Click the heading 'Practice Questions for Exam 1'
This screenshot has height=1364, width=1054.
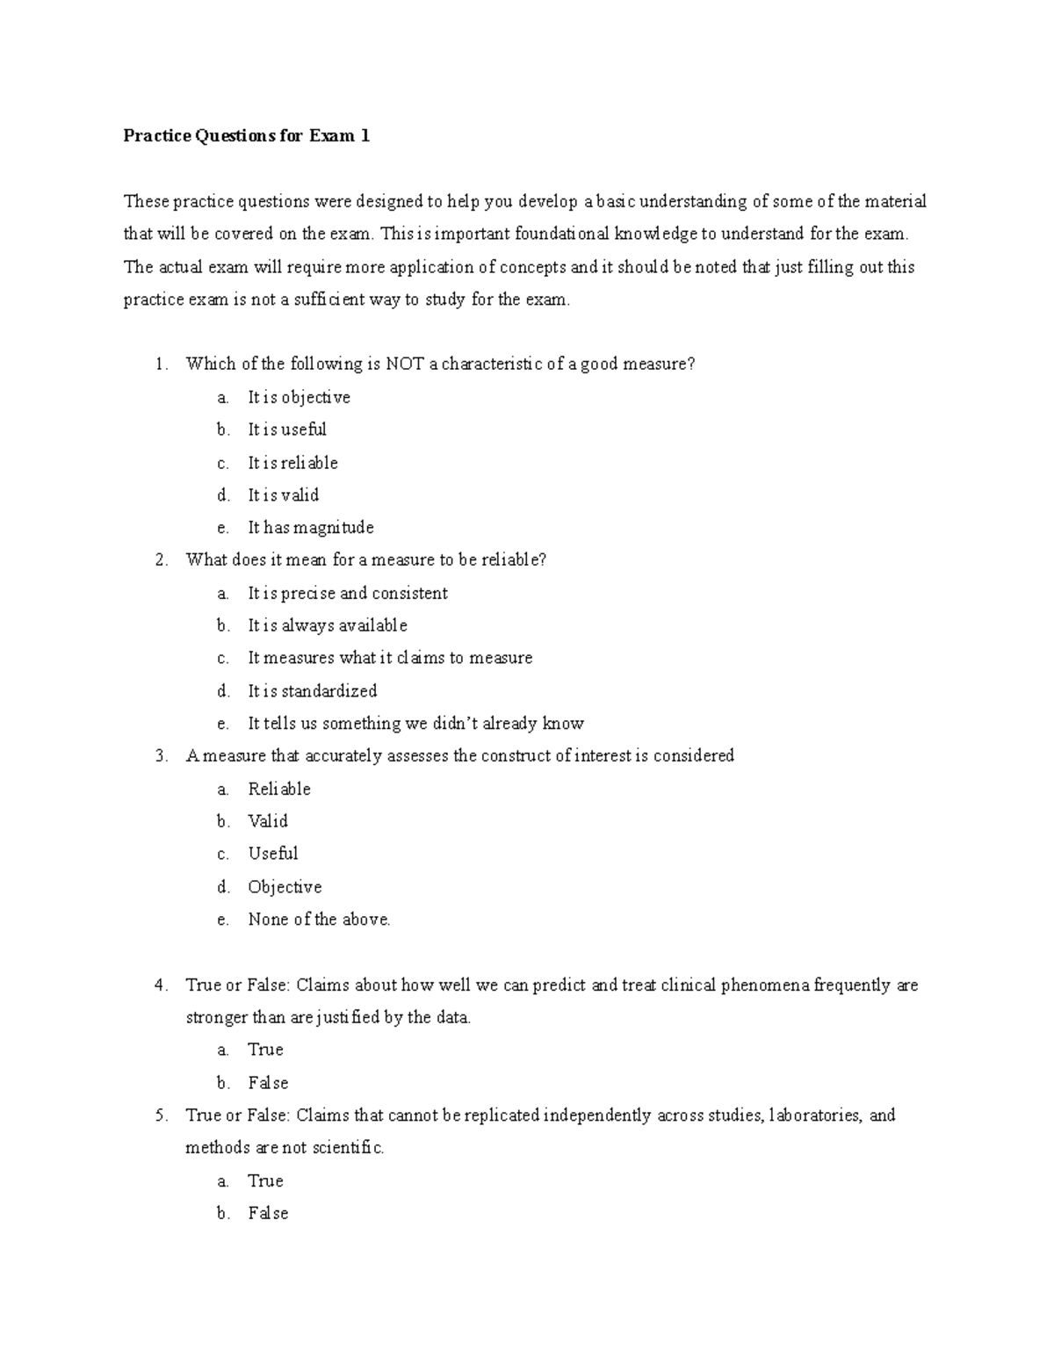click(x=246, y=136)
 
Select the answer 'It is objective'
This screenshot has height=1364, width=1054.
click(x=299, y=398)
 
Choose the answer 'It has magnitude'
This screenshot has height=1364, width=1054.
click(x=310, y=528)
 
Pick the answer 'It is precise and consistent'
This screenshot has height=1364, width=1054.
click(x=347, y=594)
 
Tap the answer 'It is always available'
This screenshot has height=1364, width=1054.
click(x=327, y=626)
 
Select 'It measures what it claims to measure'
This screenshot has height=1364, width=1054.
click(x=390, y=658)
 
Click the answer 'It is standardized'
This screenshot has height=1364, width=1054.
click(x=312, y=691)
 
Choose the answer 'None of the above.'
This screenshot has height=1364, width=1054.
click(x=319, y=920)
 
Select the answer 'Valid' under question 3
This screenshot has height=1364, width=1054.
click(x=268, y=821)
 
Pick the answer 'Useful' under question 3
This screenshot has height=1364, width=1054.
click(x=273, y=854)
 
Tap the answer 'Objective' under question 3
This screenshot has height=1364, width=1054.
click(x=285, y=887)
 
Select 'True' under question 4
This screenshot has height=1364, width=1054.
click(x=265, y=1050)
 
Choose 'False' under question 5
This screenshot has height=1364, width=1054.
click(x=268, y=1214)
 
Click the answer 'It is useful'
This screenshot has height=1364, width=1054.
click(x=286, y=430)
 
